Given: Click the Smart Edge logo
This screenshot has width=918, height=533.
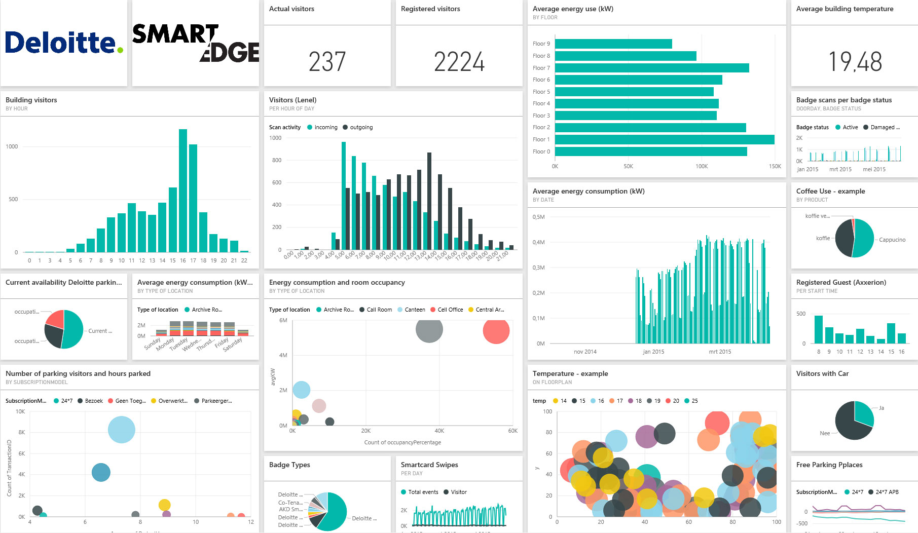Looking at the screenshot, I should click(196, 43).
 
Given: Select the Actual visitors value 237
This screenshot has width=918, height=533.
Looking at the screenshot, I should click(327, 62).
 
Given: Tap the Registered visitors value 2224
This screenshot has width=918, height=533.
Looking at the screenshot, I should click(459, 62).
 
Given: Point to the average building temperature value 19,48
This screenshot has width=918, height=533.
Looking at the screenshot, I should click(855, 62).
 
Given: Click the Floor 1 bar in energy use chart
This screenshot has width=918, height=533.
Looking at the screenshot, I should click(664, 139).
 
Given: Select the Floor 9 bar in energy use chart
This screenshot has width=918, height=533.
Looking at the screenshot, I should click(613, 44).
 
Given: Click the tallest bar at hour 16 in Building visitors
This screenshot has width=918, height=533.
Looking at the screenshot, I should click(183, 191).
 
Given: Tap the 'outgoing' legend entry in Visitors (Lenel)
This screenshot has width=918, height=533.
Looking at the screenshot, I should click(361, 127).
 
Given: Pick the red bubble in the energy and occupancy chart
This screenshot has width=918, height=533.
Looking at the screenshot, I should click(496, 331).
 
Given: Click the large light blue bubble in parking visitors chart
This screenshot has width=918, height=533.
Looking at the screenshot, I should click(122, 430).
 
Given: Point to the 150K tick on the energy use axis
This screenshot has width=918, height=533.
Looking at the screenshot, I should click(775, 166).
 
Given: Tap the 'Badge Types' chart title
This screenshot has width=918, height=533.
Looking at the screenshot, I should click(289, 465).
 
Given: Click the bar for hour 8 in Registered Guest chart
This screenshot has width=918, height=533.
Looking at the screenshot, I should click(818, 329).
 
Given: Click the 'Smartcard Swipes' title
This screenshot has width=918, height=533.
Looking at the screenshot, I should click(429, 465).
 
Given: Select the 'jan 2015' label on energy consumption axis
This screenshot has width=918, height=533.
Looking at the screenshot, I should click(653, 352).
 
